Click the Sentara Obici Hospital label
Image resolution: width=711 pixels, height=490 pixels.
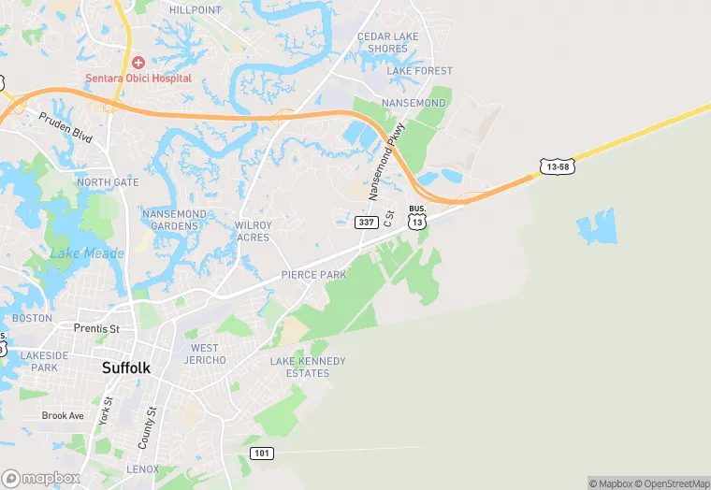(138, 79)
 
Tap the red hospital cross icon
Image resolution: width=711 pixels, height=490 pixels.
(138, 63)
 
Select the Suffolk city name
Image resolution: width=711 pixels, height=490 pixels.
(124, 368)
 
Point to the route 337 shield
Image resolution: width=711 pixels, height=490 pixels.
(366, 223)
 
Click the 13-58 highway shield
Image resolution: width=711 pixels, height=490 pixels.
(555, 166)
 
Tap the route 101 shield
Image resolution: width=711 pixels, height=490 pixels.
(263, 454)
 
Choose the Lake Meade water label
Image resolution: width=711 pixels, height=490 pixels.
(86, 253)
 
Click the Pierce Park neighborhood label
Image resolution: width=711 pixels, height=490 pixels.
(313, 275)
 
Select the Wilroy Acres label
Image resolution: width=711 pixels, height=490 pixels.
(253, 232)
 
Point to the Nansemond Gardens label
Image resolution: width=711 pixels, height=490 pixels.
(174, 220)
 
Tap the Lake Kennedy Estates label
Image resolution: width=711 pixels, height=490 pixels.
(308, 367)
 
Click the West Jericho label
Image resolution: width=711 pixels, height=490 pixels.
(205, 354)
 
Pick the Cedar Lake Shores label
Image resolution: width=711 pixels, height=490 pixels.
(387, 43)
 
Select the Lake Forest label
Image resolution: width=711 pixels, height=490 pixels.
(419, 71)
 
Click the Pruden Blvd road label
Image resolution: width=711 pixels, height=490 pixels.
(65, 127)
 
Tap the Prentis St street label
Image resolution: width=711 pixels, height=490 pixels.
(96, 329)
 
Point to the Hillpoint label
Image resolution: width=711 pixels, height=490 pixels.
(196, 10)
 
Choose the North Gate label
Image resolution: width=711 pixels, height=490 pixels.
(108, 182)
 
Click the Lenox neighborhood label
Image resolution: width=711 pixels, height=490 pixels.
(143, 468)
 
